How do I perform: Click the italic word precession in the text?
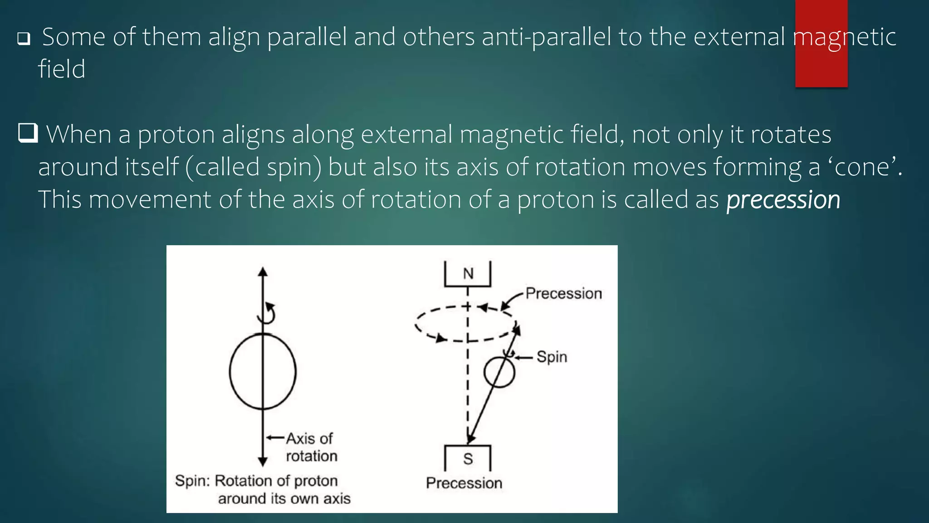(x=783, y=200)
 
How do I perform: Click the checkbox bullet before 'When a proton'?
(x=28, y=133)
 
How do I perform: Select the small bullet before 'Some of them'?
(x=24, y=39)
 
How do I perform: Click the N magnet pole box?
(x=468, y=274)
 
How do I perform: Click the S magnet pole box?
(x=468, y=459)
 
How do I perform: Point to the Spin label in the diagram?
(x=552, y=357)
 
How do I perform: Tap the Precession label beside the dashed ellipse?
(x=564, y=294)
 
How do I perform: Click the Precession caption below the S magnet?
(x=464, y=483)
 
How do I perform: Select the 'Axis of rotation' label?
(x=311, y=447)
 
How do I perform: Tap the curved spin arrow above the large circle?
(x=268, y=313)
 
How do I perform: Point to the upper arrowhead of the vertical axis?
(x=263, y=271)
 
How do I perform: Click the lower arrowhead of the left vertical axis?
(x=263, y=462)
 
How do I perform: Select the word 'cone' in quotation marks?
(x=861, y=168)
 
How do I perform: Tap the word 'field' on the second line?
(x=62, y=69)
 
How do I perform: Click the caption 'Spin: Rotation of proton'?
(x=256, y=481)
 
